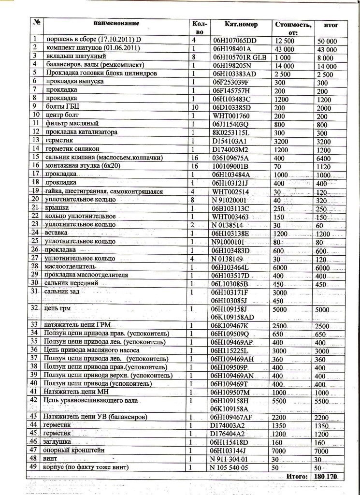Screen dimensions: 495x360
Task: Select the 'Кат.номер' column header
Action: click(x=241, y=25)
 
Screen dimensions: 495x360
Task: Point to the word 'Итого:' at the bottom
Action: click(x=297, y=477)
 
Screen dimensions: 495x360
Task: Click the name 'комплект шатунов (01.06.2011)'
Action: click(x=92, y=49)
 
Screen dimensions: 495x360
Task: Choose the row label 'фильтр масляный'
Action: click(x=74, y=124)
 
